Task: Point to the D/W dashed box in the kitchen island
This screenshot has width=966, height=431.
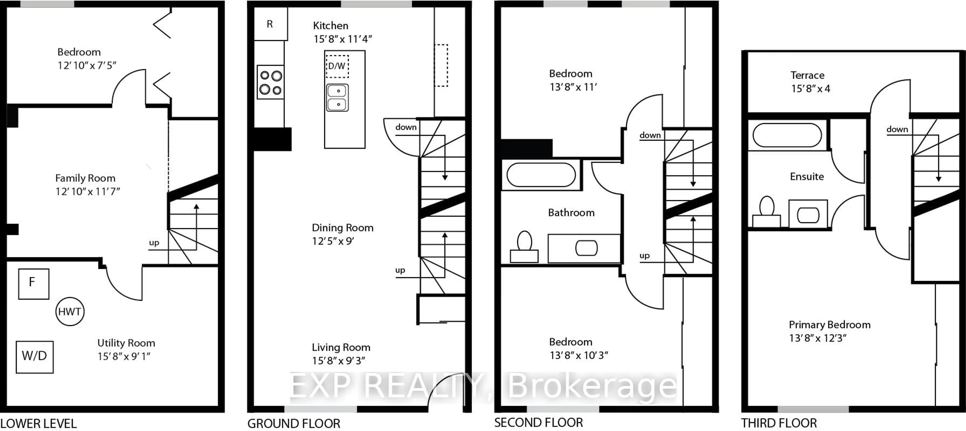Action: (337, 66)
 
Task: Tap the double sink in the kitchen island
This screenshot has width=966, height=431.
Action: (338, 98)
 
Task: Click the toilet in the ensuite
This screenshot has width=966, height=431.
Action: (767, 211)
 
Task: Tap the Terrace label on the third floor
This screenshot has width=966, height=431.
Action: (807, 75)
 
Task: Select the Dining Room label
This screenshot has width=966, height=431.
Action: (343, 228)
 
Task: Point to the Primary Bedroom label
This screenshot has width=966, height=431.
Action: (829, 325)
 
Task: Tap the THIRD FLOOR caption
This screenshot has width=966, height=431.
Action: (779, 423)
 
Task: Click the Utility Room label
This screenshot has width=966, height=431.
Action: (126, 343)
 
